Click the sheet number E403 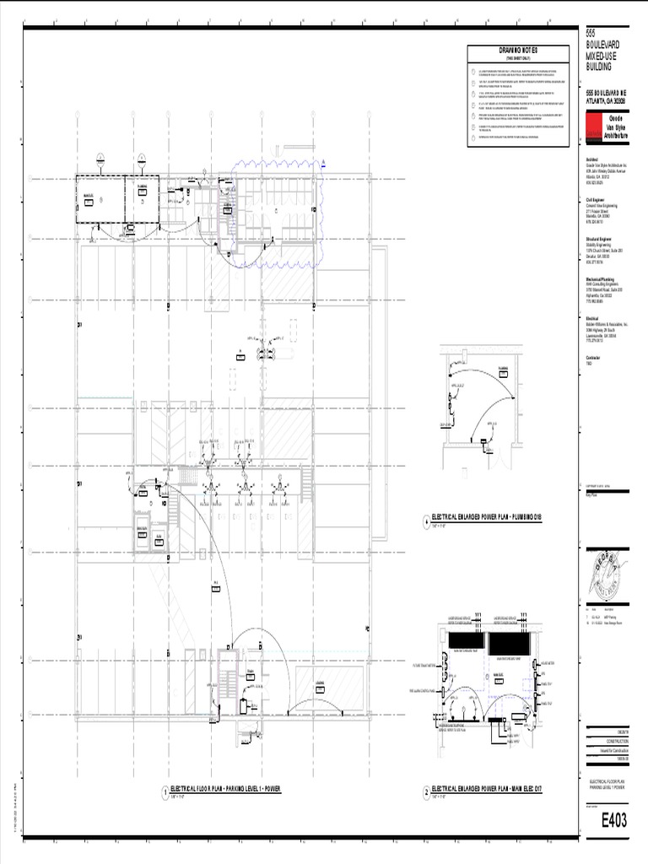[613, 821]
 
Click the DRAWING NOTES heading [514, 51]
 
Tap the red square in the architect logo [594, 127]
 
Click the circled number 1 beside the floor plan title [165, 791]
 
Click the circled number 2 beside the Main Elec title [426, 791]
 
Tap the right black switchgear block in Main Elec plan [509, 642]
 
